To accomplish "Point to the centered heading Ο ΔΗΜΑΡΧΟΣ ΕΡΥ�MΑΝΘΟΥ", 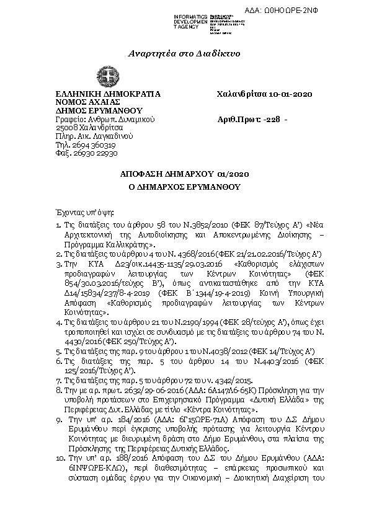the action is (x=184, y=187).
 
